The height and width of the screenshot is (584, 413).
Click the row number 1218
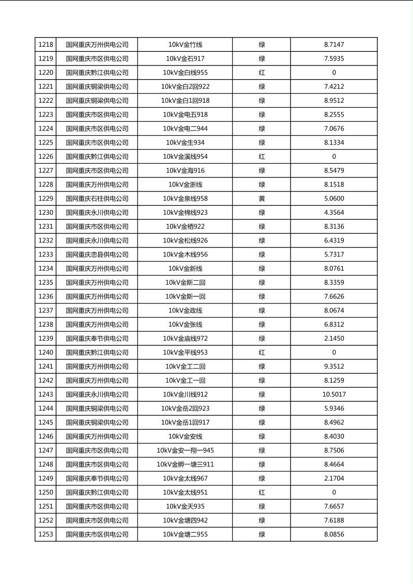coord(46,45)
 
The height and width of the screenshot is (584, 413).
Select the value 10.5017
coord(334,395)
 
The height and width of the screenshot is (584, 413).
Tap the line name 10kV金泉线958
coord(185,199)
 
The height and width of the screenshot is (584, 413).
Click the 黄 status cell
coord(262,199)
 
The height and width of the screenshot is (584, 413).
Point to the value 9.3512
coord(334,367)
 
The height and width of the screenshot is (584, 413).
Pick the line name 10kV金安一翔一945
coord(185,450)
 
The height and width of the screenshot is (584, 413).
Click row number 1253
coord(46,534)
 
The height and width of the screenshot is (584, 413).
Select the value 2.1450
coord(334,339)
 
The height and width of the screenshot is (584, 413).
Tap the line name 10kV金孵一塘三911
coord(185,465)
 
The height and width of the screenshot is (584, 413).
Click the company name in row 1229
coord(97,199)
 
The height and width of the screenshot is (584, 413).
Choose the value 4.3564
coord(334,213)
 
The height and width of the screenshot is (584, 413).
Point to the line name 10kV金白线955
coord(185,73)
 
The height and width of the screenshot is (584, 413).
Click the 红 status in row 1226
coord(262,156)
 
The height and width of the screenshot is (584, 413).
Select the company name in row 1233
coord(97,255)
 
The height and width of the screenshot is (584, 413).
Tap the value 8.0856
coord(334,534)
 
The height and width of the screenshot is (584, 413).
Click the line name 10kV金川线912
coord(185,395)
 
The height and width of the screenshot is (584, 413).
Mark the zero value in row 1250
coord(334,492)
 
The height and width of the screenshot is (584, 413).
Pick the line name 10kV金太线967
coord(185,478)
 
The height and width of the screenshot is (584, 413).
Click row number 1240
coord(46,353)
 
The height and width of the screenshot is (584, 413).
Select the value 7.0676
coord(334,129)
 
